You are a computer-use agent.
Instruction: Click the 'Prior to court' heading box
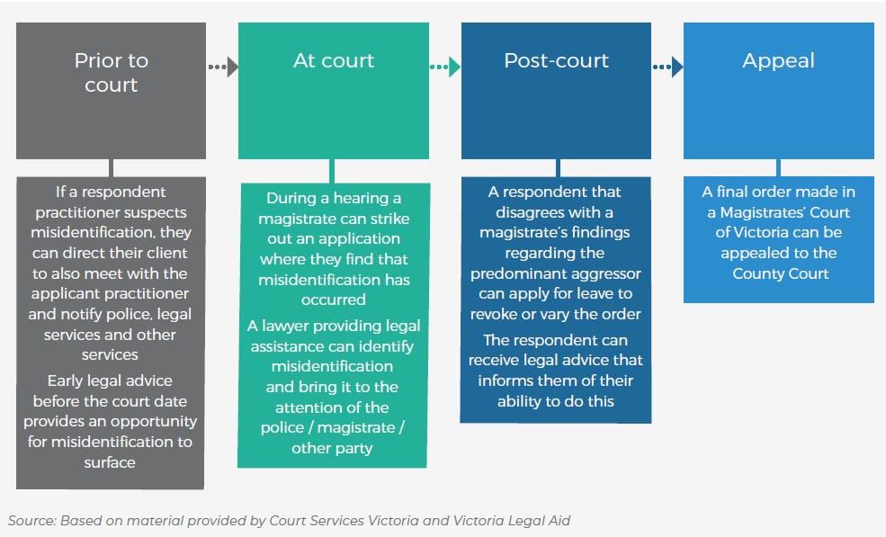pyautogui.click(x=111, y=90)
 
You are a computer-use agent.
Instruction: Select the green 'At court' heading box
pyautogui.click(x=334, y=90)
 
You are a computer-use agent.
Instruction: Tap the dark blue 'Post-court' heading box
pyautogui.click(x=556, y=90)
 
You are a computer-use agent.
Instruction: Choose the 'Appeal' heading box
pyautogui.click(x=778, y=90)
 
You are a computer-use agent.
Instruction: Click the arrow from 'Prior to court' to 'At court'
pyautogui.click(x=222, y=67)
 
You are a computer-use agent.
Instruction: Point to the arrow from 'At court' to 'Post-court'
pyautogui.click(x=444, y=67)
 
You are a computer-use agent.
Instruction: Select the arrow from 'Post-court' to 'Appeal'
pyautogui.click(x=667, y=67)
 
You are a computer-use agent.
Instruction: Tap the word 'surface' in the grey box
pyautogui.click(x=111, y=462)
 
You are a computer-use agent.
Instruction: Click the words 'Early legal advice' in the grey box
pyautogui.click(x=111, y=380)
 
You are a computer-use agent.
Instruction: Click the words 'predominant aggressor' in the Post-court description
pyautogui.click(x=556, y=273)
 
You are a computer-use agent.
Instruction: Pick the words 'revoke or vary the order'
pyautogui.click(x=556, y=314)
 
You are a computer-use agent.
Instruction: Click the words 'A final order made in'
pyautogui.click(x=778, y=192)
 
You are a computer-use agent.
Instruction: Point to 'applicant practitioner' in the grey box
pyautogui.click(x=111, y=294)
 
